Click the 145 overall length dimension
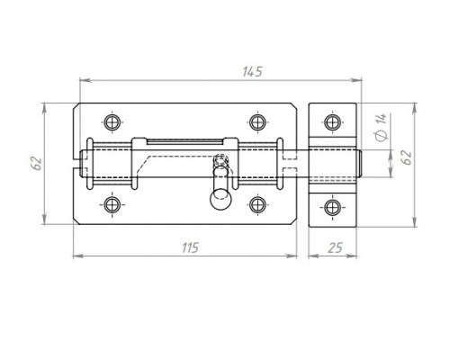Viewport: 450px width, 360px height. pos(252,72)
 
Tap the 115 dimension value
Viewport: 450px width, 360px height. pos(190,248)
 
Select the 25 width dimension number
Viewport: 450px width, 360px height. pos(335,248)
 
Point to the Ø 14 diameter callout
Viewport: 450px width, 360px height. pos(382,127)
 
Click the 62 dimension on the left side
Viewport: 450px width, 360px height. pos(38,163)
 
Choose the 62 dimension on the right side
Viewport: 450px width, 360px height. pos(407,157)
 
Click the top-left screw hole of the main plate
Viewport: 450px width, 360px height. pos(112,122)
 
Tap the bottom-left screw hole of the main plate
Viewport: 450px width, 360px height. pos(112,205)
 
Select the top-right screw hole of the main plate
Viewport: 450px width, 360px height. pos(257,122)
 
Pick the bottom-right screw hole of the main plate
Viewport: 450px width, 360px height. pos(257,205)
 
